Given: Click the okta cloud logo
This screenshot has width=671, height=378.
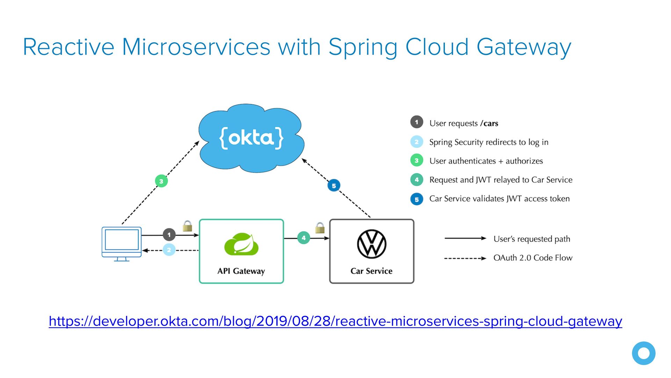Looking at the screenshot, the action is tap(251, 138).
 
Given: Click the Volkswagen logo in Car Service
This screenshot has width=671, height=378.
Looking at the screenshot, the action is tap(371, 244).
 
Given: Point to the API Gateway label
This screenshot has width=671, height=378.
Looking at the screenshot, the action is tap(241, 271).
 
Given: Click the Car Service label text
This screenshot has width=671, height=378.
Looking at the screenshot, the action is tap(371, 271).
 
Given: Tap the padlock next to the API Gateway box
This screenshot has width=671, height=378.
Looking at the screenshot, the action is tap(187, 226).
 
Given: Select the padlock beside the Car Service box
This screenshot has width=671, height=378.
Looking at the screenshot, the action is tap(320, 228).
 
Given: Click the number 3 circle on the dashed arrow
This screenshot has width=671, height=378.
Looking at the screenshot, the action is tap(161, 181).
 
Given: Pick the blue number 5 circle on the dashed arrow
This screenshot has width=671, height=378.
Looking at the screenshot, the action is tap(334, 185).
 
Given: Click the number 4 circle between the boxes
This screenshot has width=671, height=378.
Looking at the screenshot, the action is tap(303, 238).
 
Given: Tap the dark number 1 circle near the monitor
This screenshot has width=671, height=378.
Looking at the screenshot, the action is tap(169, 234).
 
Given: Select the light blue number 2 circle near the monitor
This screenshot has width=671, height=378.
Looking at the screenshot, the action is tap(169, 250).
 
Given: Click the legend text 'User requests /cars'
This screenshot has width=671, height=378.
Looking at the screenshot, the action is tap(464, 123).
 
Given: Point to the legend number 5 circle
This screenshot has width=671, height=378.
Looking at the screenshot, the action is tap(417, 199).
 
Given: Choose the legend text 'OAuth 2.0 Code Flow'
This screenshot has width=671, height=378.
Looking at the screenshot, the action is tap(533, 258).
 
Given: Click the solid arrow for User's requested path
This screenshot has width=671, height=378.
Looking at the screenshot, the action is tap(465, 238).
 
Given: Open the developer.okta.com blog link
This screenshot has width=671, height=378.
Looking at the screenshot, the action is tap(335, 321).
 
